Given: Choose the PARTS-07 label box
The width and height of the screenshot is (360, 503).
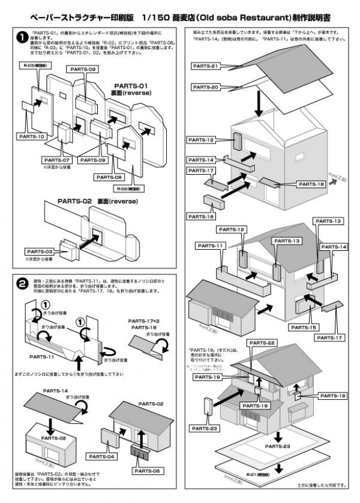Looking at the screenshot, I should click(58, 160).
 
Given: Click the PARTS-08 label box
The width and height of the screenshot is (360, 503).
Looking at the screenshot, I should click(109, 178).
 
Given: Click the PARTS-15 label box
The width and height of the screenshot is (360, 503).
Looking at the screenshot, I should click(304, 327).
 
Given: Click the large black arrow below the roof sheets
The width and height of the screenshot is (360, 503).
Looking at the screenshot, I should click(259, 104).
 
